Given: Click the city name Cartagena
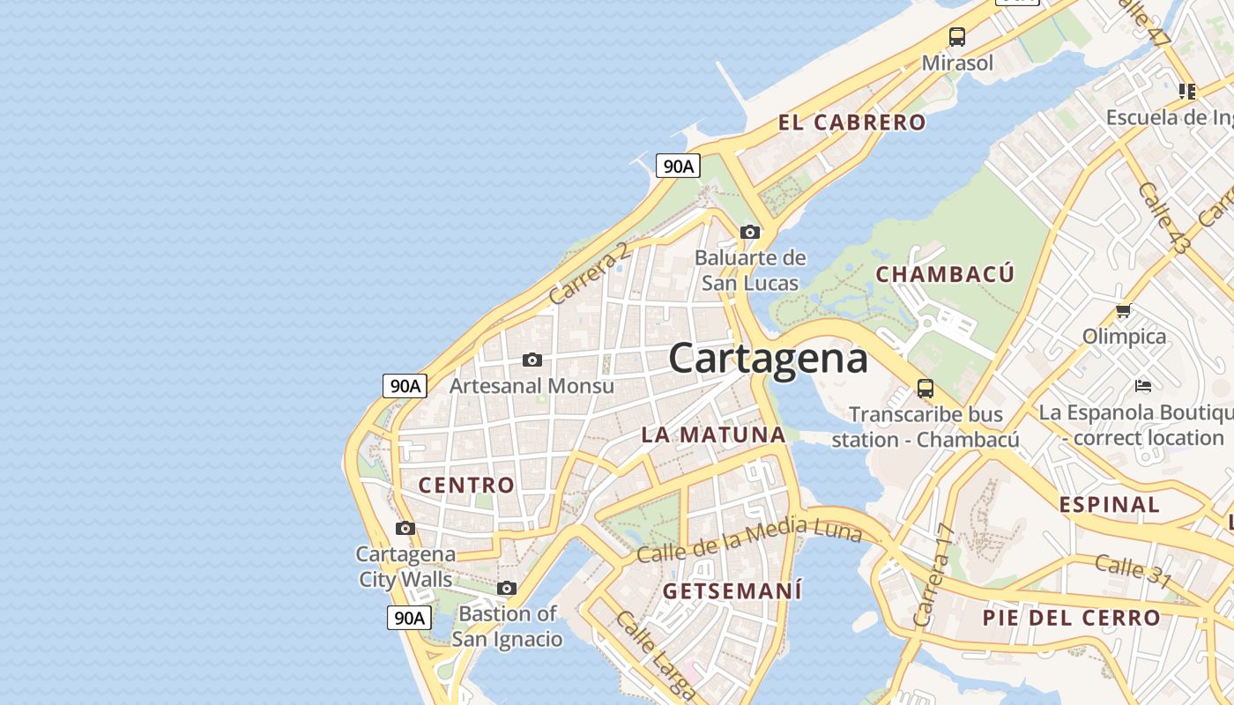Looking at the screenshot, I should [768, 359].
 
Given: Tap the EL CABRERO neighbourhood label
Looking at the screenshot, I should [851, 122].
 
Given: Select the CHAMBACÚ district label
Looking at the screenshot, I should [945, 274].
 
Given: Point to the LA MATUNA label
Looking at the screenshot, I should [714, 434].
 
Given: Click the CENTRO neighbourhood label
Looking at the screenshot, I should [466, 485].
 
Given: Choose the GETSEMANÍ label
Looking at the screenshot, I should [732, 590].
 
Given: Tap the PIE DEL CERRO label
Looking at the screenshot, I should [1071, 618].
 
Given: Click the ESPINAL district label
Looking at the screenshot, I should [1109, 505].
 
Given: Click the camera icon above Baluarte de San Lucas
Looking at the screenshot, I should [750, 232].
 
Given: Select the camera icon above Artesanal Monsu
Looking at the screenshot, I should [532, 360].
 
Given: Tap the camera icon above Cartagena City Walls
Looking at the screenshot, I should [405, 528].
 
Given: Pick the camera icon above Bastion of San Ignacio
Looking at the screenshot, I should [507, 588].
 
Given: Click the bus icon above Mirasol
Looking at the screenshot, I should [957, 36].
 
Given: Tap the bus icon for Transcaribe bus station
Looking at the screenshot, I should [925, 388].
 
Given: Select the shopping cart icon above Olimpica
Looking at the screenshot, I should [1124, 310].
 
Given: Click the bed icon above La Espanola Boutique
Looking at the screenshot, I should [1143, 385].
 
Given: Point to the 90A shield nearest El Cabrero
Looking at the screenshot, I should [678, 165].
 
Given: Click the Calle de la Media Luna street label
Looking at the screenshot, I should [748, 539].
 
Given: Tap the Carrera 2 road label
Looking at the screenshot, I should [590, 273].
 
